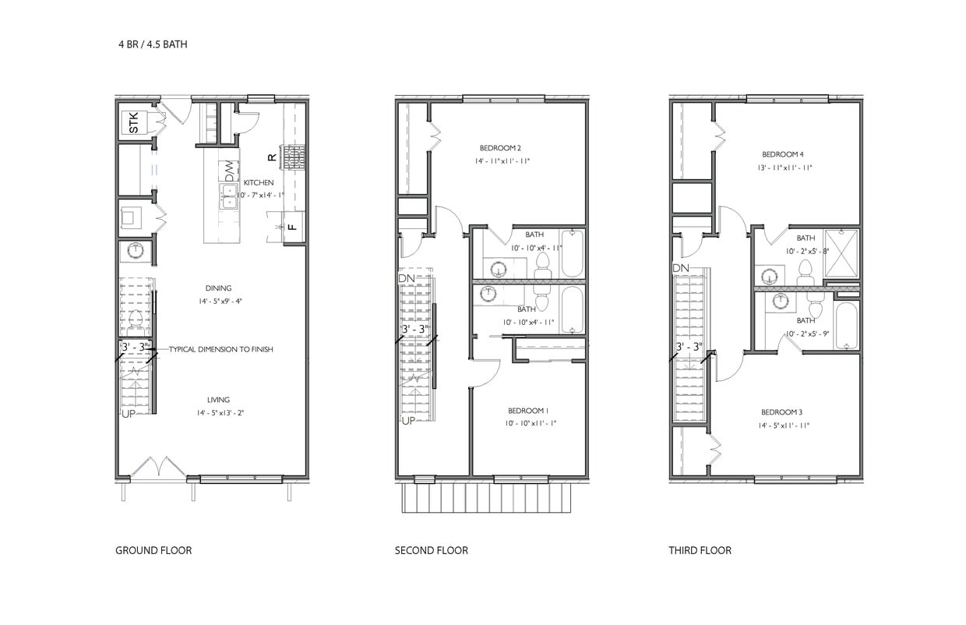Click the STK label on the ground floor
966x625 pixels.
coord(134,122)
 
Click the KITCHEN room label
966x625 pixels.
coord(259,182)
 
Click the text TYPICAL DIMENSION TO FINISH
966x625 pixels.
coord(220,349)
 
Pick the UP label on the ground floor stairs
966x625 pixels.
coord(129,414)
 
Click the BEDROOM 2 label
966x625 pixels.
coord(500,148)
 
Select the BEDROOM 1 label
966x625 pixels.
coord(528,411)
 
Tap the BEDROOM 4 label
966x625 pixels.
coord(783,154)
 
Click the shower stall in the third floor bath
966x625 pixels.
coord(841,253)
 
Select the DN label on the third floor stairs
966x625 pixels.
coord(681,267)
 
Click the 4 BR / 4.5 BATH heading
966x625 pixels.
coord(153,44)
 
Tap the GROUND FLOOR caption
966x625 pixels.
coord(153,550)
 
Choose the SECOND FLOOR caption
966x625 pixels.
coord(432,550)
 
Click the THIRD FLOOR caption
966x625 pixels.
coord(700,550)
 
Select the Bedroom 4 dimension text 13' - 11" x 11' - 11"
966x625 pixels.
coord(784,168)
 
